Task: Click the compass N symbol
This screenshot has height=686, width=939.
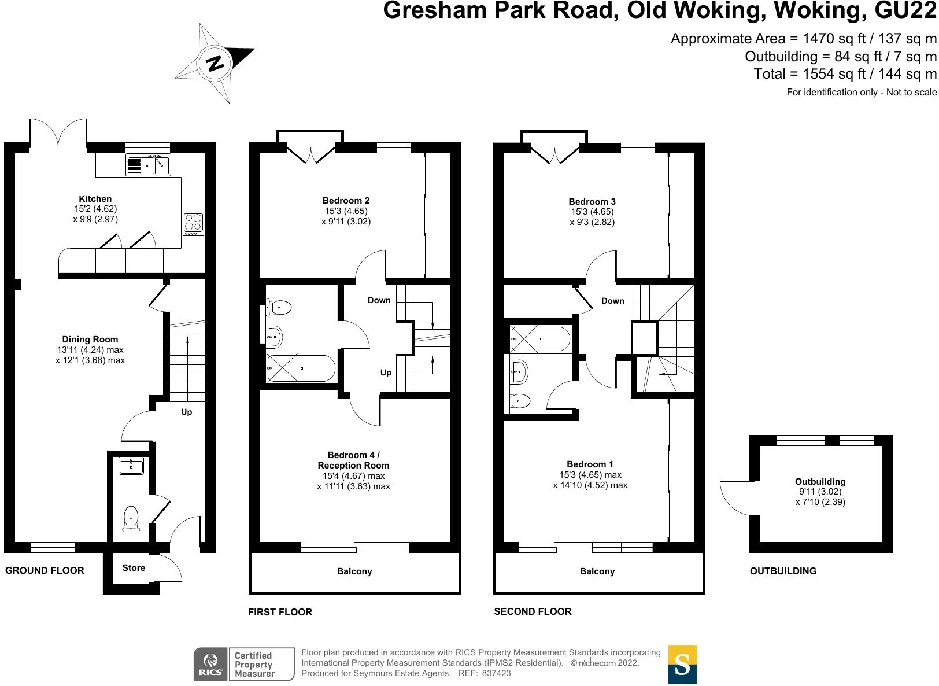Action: [x=215, y=64]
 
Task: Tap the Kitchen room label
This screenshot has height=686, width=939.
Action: [x=95, y=199]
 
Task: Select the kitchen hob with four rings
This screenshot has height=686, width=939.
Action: [x=193, y=223]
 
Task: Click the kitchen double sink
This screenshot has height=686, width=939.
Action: [x=148, y=165]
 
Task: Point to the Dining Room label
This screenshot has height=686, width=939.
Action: [x=90, y=339]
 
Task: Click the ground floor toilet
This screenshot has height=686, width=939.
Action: [x=131, y=518]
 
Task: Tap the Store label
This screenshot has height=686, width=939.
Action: [x=134, y=568]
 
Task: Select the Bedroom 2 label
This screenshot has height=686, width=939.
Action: [x=346, y=201]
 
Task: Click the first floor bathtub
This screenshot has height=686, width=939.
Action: [x=301, y=368]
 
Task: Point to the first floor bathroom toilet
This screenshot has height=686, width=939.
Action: [x=278, y=308]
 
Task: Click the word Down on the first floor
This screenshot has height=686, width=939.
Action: [x=379, y=300]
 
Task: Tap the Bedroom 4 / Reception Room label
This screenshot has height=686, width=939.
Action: [x=353, y=460]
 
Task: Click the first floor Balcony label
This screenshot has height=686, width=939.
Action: [x=354, y=571]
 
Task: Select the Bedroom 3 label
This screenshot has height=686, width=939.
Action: [x=592, y=202]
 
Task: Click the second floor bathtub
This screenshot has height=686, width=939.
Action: [x=541, y=339]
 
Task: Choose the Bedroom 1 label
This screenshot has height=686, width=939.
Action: [x=590, y=464]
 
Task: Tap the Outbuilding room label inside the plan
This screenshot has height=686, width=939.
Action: [x=820, y=481]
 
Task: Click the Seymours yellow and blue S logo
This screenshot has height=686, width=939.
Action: [x=682, y=664]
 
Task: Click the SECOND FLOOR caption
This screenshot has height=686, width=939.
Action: [x=533, y=611]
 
